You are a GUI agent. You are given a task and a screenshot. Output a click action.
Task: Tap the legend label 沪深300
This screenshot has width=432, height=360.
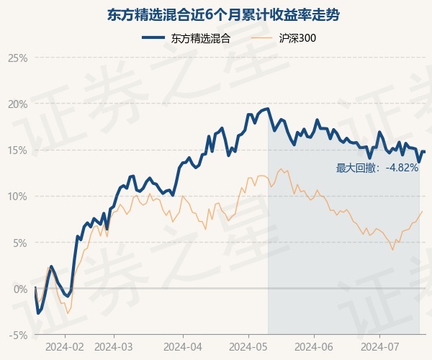pos(297,38)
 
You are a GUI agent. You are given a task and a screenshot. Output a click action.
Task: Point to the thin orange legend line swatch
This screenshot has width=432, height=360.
pos(264,38)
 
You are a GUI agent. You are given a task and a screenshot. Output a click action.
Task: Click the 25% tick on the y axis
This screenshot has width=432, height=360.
pos(17,58)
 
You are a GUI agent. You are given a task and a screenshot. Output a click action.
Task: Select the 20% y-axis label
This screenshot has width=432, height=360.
pos(17,104)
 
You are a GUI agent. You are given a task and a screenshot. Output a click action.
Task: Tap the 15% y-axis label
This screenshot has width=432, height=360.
pos(17,150)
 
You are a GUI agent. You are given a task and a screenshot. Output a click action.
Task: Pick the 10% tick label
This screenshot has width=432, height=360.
pos(17,196)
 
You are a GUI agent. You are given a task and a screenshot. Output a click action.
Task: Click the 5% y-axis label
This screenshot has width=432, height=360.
pos(19,243)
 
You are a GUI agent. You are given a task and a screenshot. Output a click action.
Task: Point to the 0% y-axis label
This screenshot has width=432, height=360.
pos(19,289)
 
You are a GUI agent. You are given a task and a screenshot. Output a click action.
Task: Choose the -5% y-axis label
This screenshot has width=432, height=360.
pos(18,335)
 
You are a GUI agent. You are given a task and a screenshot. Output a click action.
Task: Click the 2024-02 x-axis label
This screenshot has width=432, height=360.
pos(64,346)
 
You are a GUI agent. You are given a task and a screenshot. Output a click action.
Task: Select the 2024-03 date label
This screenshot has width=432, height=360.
pos(114,346)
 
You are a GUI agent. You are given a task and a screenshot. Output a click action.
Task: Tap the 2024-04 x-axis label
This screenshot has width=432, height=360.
pos(183,346)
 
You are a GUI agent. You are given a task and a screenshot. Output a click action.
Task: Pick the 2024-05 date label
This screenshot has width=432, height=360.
pos(248,346)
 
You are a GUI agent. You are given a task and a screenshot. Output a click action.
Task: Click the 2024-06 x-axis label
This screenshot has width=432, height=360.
pos(314,346)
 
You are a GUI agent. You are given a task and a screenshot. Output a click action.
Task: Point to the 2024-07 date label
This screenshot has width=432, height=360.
pos(379,346)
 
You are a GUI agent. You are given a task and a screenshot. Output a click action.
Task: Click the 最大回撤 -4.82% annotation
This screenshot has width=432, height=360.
pos(377,168)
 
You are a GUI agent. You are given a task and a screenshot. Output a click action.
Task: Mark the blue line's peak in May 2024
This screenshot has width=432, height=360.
pos(267,109)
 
